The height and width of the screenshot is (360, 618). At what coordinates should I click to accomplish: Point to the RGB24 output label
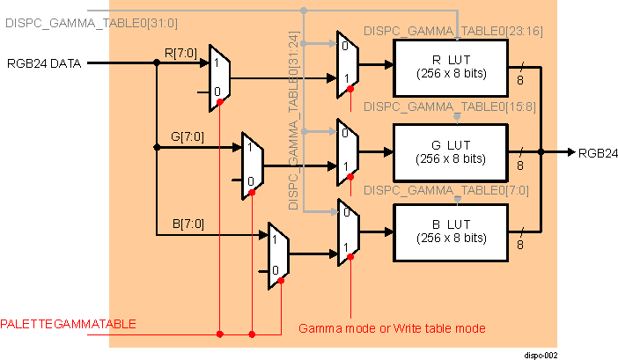pos(597,152)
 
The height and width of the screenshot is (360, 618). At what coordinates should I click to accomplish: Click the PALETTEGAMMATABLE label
pos(69,324)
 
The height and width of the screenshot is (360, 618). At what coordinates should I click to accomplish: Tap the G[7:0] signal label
pos(187,137)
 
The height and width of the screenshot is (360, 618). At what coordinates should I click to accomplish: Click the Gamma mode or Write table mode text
pos(393,327)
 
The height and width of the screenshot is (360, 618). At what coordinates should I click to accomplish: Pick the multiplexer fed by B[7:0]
pos(279,256)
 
